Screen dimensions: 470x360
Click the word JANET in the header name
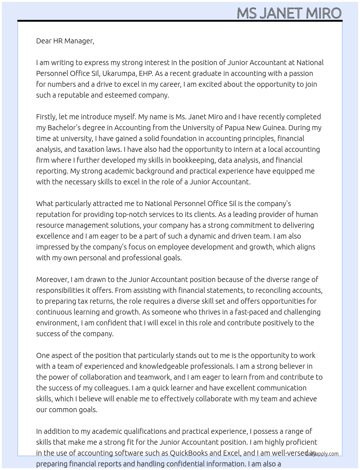click(281, 13)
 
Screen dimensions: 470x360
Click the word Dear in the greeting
click(44, 41)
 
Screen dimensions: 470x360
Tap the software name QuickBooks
click(188, 453)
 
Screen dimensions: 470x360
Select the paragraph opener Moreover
click(52, 279)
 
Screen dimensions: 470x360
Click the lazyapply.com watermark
click(322, 454)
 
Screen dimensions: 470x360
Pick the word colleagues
click(111, 388)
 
